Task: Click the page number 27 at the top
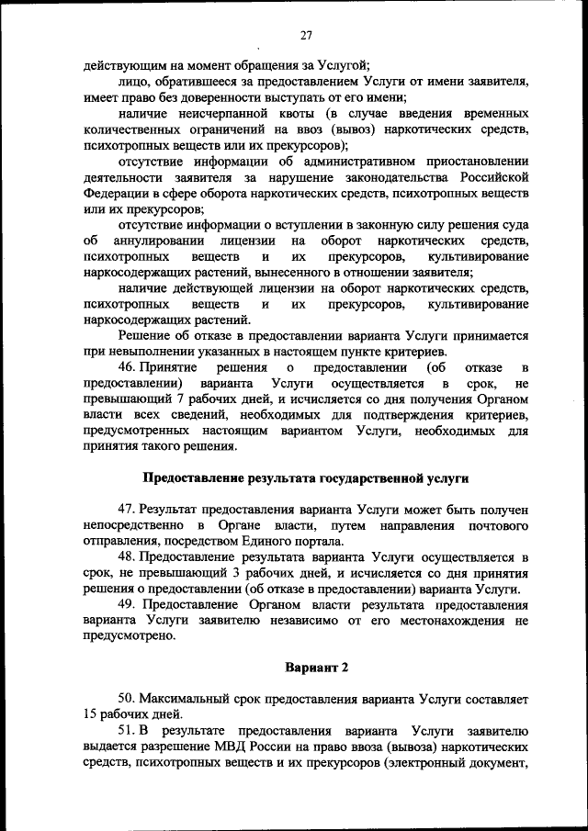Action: [x=305, y=35]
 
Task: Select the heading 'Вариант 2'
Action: [x=316, y=666]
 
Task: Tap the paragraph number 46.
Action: [x=130, y=367]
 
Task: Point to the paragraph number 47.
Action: [x=130, y=509]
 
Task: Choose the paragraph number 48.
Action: [x=130, y=556]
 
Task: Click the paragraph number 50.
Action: [x=130, y=700]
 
